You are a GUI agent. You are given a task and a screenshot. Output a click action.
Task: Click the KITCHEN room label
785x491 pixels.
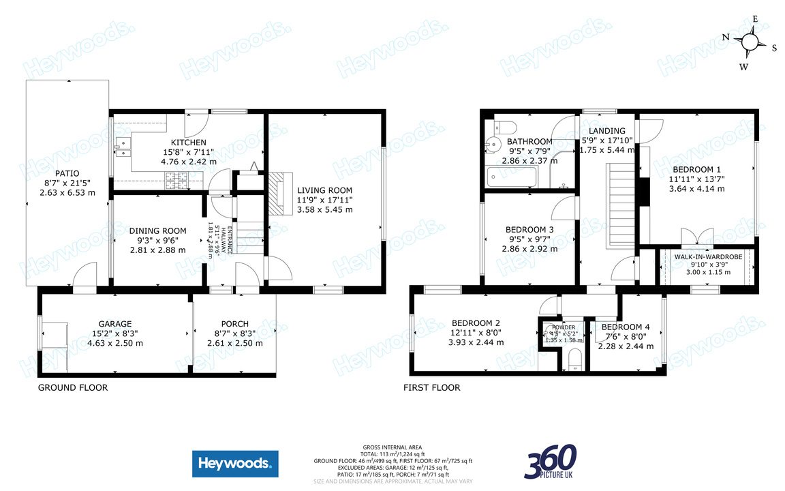pyautogui.click(x=189, y=142)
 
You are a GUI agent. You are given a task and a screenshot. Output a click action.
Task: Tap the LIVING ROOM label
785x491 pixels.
pyautogui.click(x=324, y=190)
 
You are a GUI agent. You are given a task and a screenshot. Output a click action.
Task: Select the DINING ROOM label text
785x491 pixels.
pyautogui.click(x=157, y=231)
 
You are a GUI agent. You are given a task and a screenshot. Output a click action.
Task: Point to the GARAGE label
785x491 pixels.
pyautogui.click(x=114, y=324)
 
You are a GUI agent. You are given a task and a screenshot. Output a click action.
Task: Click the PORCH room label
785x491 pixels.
pyautogui.click(x=234, y=324)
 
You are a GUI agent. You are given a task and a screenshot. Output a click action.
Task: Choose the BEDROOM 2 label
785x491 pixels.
pyautogui.click(x=476, y=323)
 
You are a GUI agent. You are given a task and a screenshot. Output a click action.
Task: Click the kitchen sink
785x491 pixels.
pyautogui.click(x=123, y=145)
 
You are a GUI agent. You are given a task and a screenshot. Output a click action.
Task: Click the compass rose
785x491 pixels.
pyautogui.click(x=750, y=42)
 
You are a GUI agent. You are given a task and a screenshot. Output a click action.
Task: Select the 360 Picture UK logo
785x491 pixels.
pyautogui.click(x=551, y=462)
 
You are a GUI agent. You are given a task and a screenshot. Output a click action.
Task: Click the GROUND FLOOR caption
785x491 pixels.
pyautogui.click(x=72, y=387)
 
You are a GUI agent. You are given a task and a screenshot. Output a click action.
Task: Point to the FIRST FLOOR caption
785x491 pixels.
pyautogui.click(x=431, y=387)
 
